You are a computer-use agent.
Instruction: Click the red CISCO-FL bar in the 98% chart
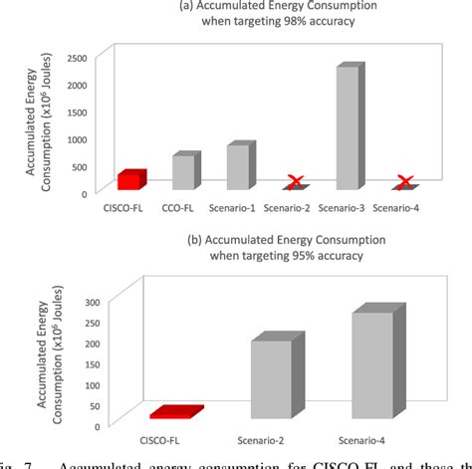pyautogui.click(x=130, y=179)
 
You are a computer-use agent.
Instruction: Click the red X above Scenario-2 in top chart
pyautogui.click(x=296, y=182)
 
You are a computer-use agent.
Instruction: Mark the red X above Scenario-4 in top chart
pyautogui.click(x=405, y=182)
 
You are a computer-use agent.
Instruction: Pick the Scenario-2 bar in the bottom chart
pyautogui.click(x=272, y=377)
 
